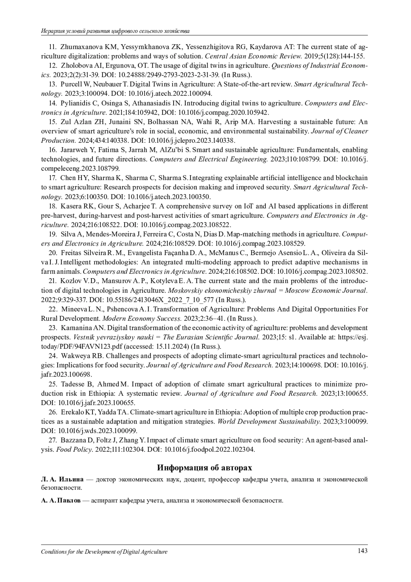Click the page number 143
(362, 551)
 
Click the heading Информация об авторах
(204, 468)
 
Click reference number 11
(53, 47)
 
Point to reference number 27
(53, 440)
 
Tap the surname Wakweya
(75, 356)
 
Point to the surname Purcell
(71, 84)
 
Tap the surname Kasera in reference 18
(70, 206)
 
